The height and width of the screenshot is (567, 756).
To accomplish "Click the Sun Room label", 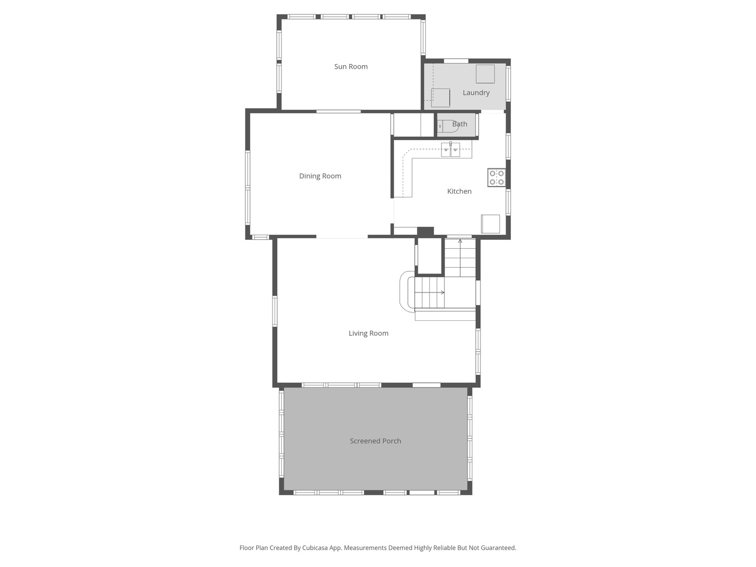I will point(351,67).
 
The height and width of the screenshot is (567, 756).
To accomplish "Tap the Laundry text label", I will point(476,93).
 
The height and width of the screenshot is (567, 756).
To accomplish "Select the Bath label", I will point(459,124).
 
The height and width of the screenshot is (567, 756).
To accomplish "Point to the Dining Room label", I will point(320,176).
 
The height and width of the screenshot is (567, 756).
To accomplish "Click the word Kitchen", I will point(459,192).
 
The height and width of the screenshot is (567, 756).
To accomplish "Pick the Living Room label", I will point(368,333).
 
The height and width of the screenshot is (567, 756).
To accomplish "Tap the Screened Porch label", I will point(375,441).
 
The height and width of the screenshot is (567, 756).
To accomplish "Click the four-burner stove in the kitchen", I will point(496,177).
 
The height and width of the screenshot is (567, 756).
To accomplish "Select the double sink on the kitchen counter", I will point(450,150).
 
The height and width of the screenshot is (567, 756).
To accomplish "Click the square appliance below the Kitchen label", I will point(491,224).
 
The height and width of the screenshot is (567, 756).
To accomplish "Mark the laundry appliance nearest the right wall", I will point(485,74).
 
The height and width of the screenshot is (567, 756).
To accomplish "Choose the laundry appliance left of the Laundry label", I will point(440,98).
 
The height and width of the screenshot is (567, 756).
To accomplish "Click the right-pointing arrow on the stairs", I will point(443,292).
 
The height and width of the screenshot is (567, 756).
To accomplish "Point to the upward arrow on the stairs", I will point(460,241).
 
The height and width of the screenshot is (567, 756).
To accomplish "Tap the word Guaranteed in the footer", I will point(497,548).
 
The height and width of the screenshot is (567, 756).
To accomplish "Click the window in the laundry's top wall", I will point(456,61).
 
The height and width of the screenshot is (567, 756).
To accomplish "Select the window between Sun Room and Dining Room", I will point(338,111).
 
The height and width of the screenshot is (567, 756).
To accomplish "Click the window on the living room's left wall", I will point(275,311).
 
